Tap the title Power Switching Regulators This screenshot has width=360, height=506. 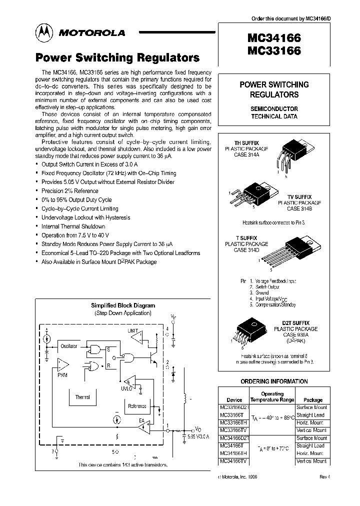(117, 57)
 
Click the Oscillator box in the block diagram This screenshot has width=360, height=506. (68, 346)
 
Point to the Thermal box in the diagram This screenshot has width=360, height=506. (82, 397)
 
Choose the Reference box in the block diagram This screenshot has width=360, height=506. (137, 406)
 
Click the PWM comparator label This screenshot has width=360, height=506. (62, 374)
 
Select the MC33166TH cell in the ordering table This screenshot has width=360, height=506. (235, 422)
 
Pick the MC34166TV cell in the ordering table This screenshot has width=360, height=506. (235, 461)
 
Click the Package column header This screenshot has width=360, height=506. (313, 400)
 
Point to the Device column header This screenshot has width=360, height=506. (234, 400)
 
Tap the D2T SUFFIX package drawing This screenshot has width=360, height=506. (247, 333)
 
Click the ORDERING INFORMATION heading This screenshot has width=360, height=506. (274, 381)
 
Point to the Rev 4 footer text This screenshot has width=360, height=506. (325, 476)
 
